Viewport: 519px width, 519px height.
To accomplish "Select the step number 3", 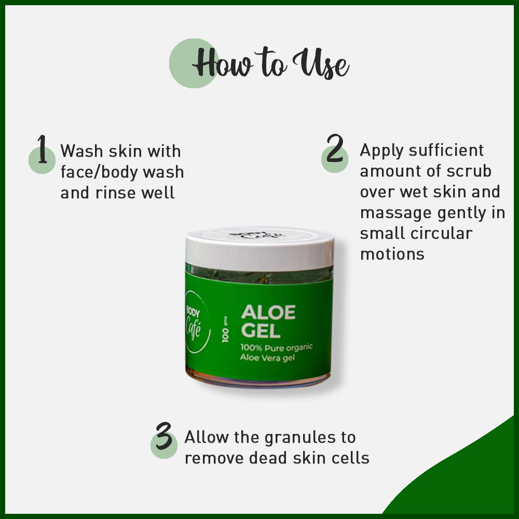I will point(163,437).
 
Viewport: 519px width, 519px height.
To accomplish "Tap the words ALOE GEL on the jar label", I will point(268,321).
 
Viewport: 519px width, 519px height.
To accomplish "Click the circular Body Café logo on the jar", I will point(196,322).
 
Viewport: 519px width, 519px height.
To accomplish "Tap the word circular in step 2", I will point(440,233).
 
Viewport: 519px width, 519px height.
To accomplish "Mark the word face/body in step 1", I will point(95,172).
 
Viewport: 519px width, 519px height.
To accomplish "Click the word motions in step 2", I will point(392,254).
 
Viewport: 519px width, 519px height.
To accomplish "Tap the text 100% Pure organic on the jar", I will point(277,347).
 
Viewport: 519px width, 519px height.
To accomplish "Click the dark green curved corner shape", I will point(467,477).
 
